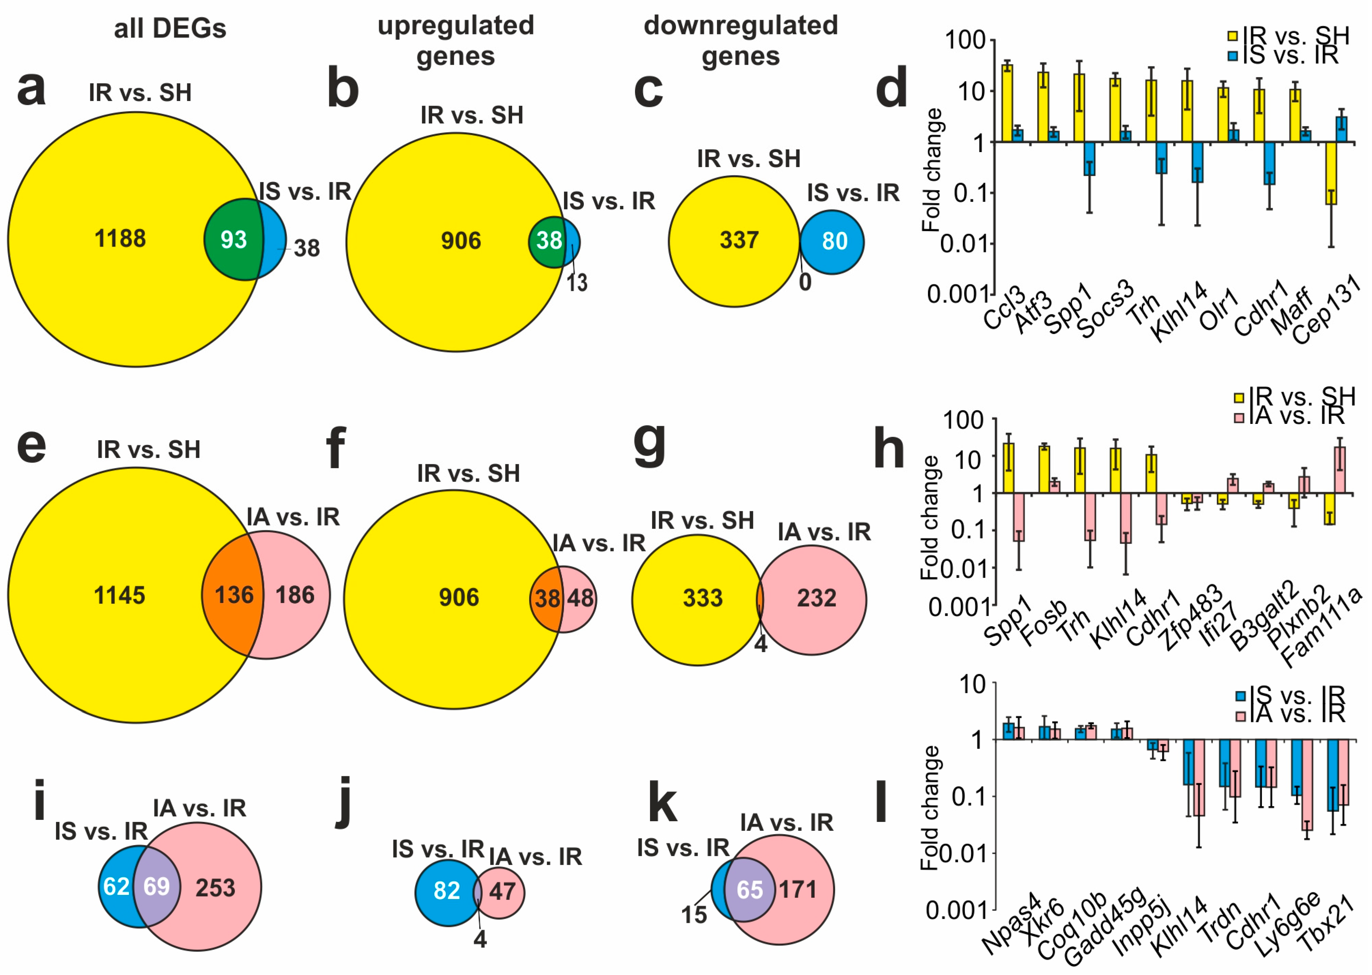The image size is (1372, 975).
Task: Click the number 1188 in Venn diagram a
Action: [120, 239]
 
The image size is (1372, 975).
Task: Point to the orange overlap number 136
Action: [234, 595]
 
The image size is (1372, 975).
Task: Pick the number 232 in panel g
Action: [817, 598]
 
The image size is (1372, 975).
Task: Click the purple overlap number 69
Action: [157, 886]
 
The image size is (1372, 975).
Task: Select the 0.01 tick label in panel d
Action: [962, 244]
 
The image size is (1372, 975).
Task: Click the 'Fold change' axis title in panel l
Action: [930, 808]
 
